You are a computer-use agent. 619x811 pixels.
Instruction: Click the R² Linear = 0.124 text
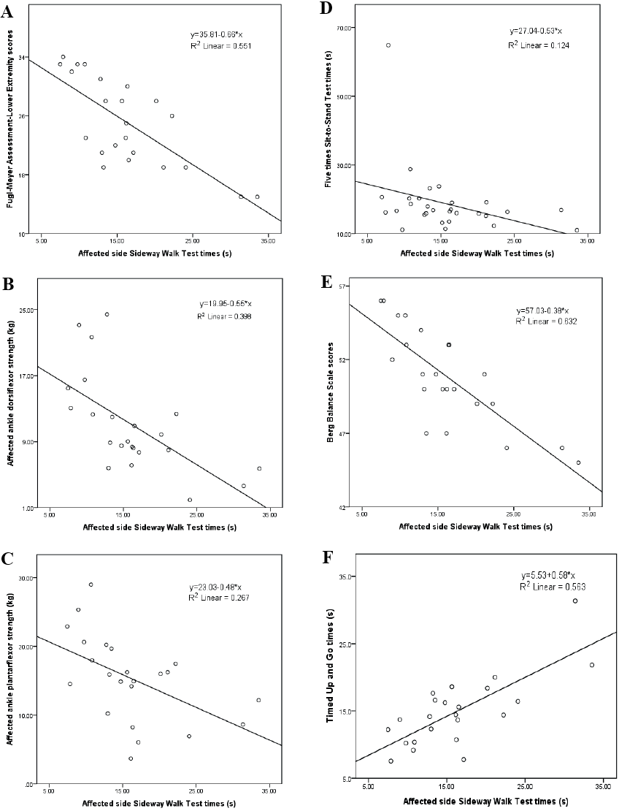click(x=539, y=45)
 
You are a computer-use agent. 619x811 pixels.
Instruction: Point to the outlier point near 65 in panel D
click(x=388, y=45)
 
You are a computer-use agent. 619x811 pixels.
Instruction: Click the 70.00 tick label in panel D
click(x=343, y=28)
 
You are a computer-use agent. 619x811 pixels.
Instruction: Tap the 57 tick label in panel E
click(x=345, y=285)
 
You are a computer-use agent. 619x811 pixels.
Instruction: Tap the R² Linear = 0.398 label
click(x=226, y=316)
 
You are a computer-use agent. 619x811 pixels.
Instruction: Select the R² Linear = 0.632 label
click(x=547, y=321)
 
